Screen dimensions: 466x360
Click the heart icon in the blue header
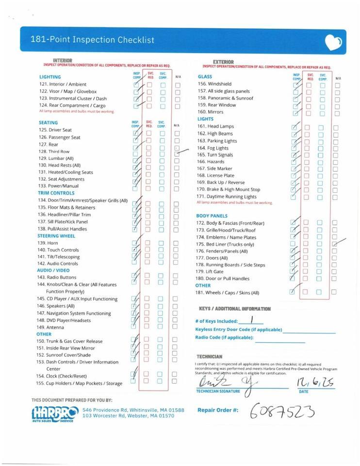[x=333, y=43]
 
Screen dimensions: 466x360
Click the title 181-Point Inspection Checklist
[x=92, y=40]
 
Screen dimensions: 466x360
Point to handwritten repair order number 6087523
[x=282, y=412]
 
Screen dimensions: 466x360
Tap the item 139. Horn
[x=48, y=243]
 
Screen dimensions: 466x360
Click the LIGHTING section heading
[x=50, y=77]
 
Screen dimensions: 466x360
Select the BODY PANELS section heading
[x=212, y=216]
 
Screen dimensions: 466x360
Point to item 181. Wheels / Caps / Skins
[x=228, y=293]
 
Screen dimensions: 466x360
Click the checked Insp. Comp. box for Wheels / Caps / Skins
[x=292, y=292]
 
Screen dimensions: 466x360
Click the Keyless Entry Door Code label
[x=239, y=330]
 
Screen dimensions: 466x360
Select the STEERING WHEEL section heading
[x=56, y=236]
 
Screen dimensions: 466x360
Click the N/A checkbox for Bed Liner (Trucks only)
[x=335, y=244]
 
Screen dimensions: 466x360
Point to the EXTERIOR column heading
[x=223, y=62]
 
